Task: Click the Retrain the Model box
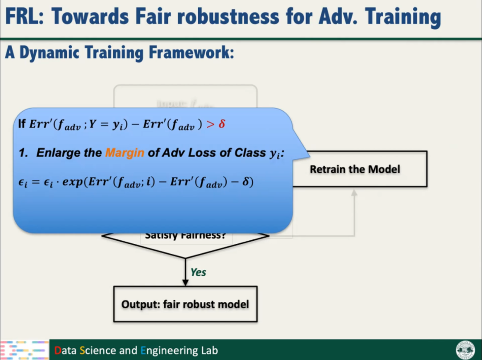pos(355,169)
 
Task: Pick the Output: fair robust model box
pos(185,304)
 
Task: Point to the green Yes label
pos(198,272)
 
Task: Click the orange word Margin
pos(125,153)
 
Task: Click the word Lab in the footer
pos(208,350)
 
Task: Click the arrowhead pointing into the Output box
pos(185,282)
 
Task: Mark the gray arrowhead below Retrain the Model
pos(354,193)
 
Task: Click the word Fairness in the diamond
pos(204,235)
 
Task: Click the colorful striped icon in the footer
pos(25,350)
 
